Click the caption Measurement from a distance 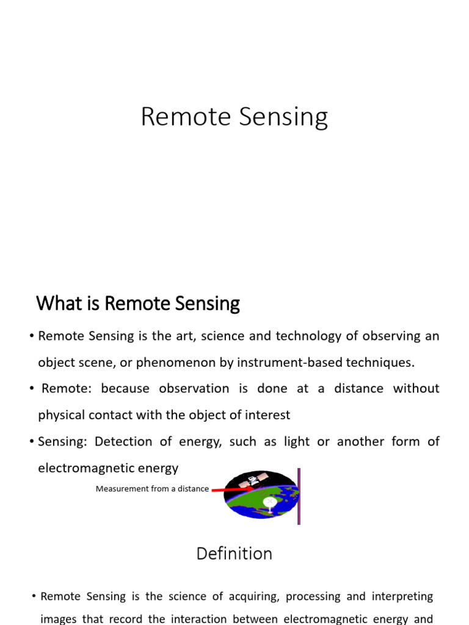point(152,489)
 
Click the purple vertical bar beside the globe point(299,496)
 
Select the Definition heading point(234,554)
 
